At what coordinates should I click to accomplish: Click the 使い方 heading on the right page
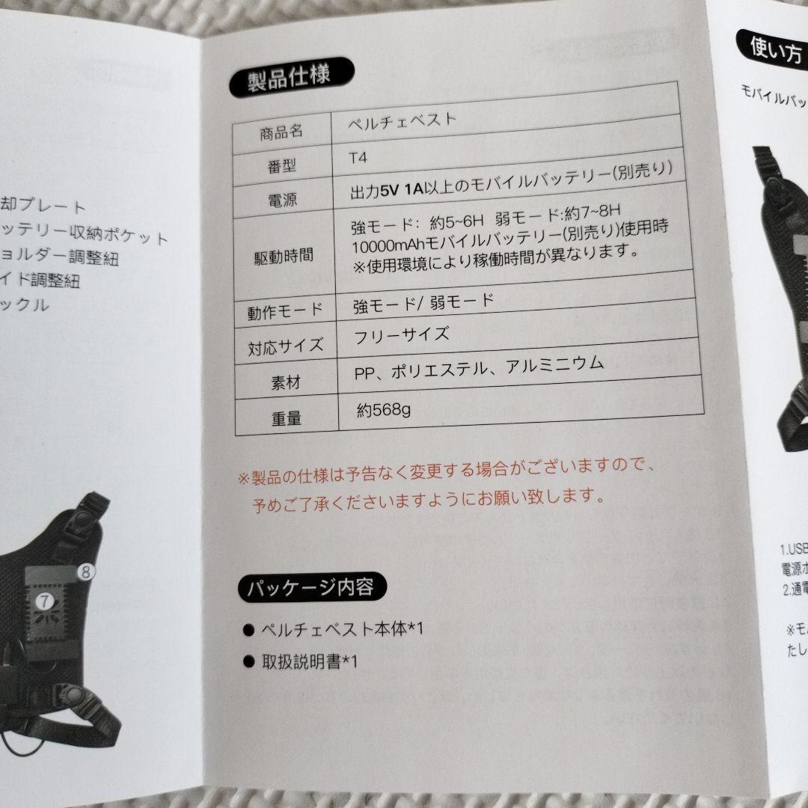click(772, 49)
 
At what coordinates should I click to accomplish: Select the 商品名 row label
click(281, 132)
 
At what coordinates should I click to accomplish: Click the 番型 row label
click(281, 167)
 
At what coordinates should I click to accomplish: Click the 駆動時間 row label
click(284, 257)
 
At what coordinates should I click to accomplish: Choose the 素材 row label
click(285, 382)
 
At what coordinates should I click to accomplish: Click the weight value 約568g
click(383, 409)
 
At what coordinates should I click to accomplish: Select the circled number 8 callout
click(86, 572)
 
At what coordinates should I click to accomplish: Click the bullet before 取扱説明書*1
click(248, 661)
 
